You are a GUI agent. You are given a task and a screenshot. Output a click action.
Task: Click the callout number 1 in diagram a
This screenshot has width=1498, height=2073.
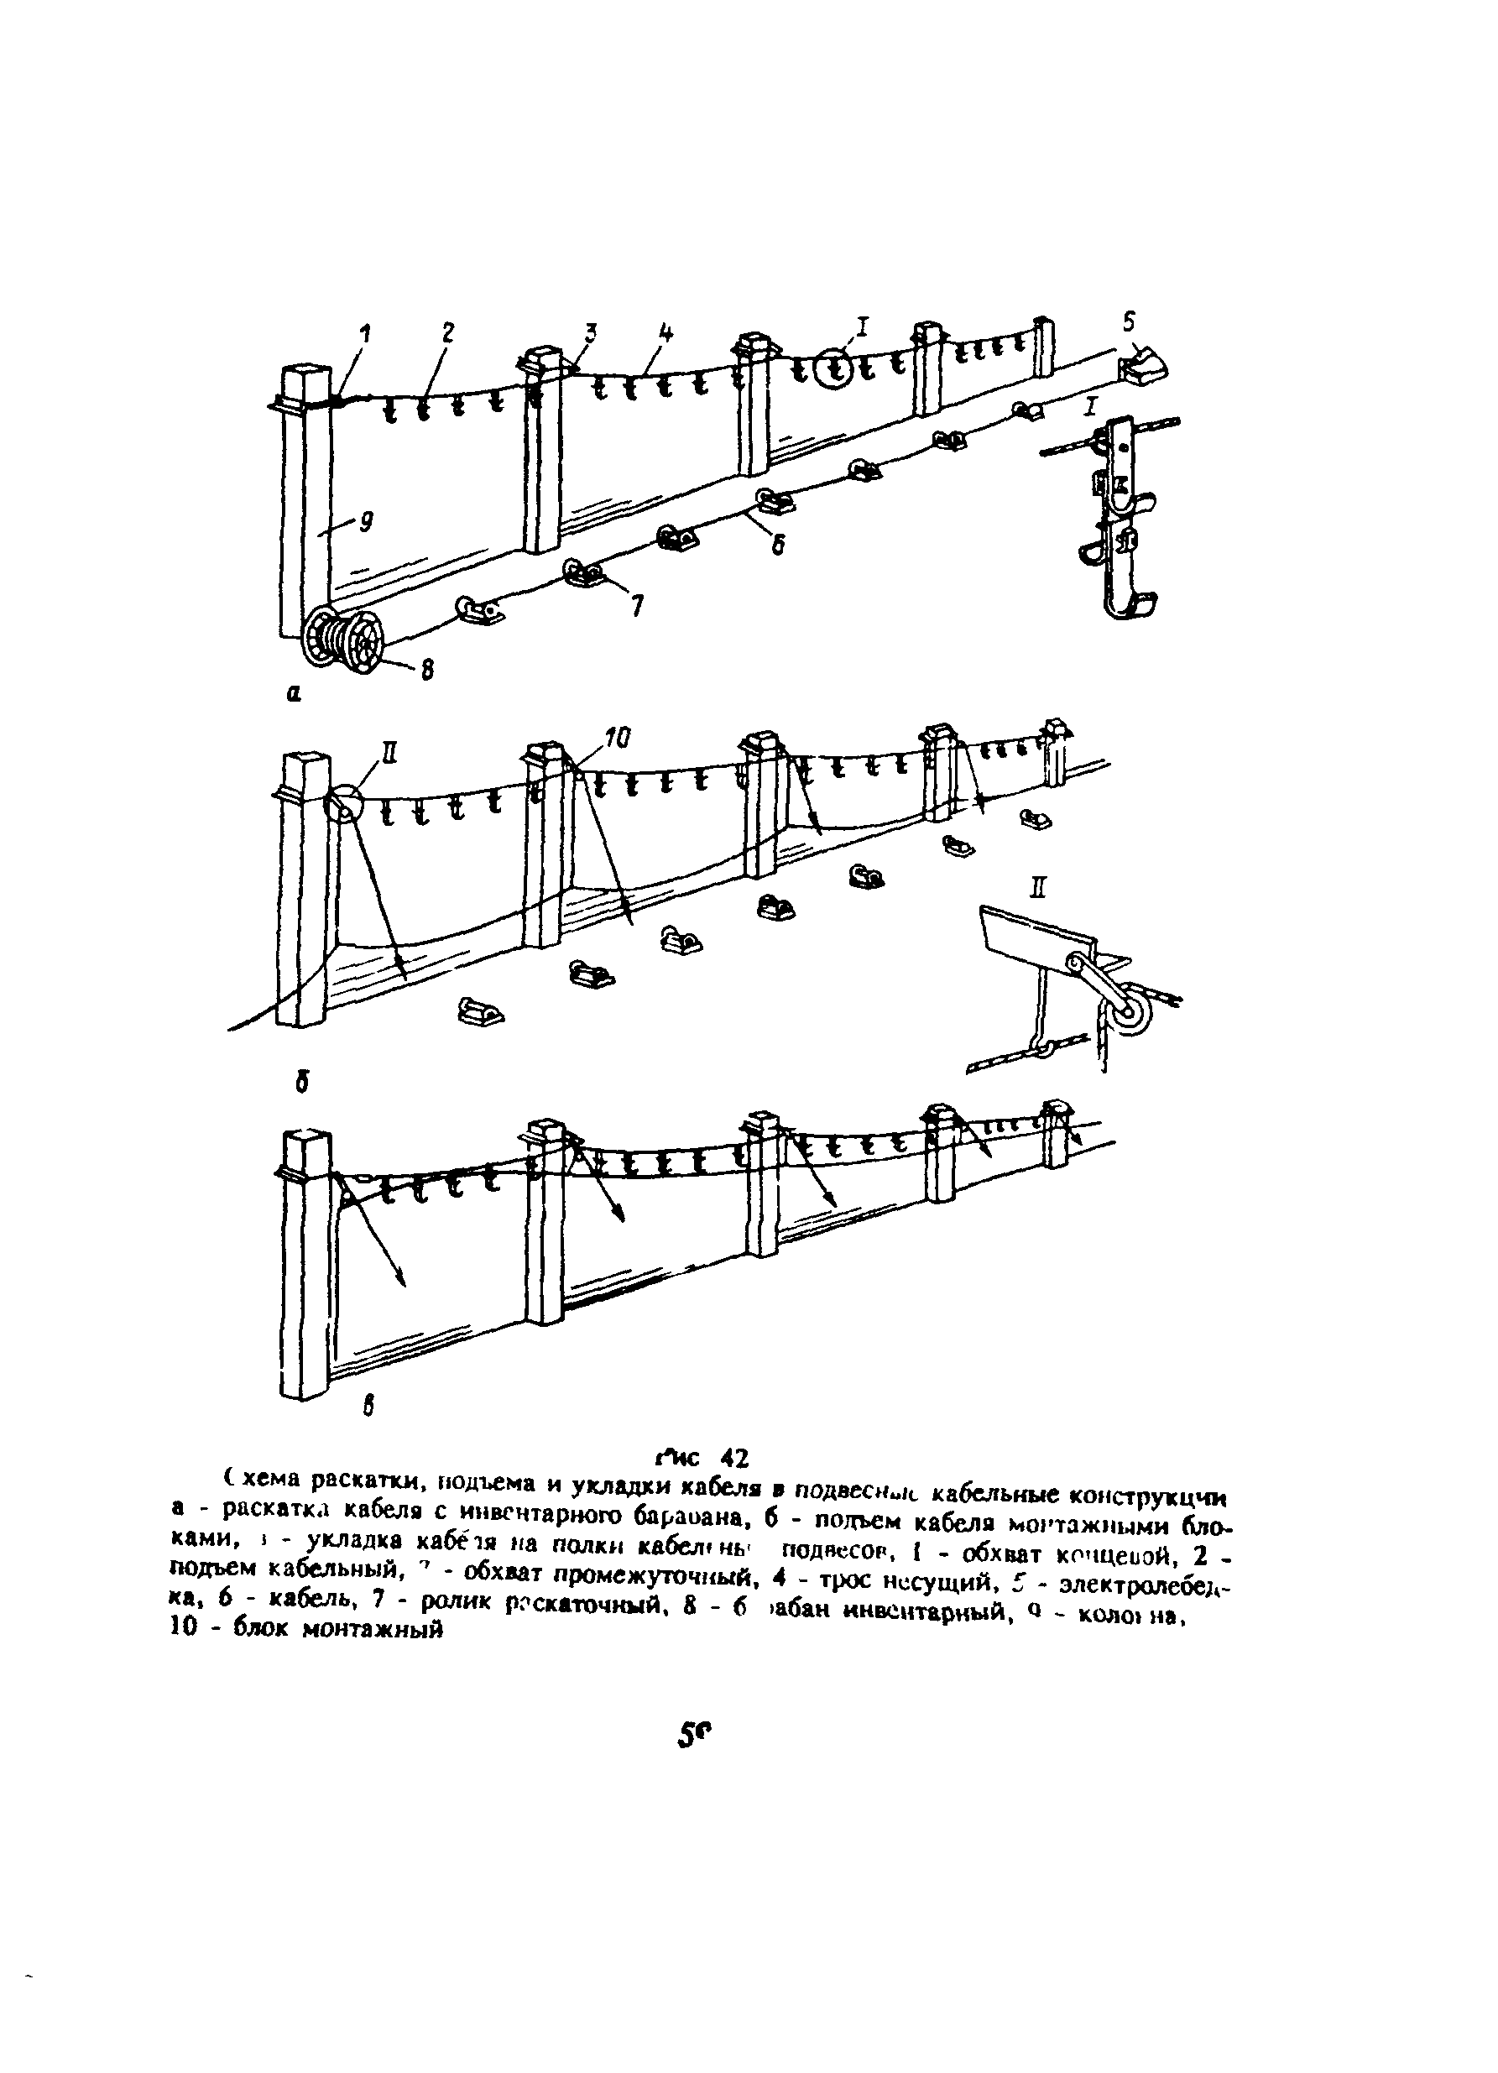click(366, 335)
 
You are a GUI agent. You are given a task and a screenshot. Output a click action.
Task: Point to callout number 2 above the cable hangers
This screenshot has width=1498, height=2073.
click(447, 332)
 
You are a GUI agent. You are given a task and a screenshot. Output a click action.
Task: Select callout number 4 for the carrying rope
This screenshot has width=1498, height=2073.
click(666, 332)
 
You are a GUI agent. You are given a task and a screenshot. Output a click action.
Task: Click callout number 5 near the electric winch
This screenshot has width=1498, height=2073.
click(1130, 321)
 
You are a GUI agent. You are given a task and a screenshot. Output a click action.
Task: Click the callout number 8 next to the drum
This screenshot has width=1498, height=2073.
click(426, 670)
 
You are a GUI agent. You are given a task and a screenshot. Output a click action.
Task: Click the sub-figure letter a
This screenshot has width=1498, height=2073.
click(293, 696)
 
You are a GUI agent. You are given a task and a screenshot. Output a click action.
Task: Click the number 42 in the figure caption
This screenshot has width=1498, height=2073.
click(734, 1454)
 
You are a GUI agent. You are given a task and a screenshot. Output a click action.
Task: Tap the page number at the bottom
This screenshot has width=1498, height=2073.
click(694, 1736)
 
